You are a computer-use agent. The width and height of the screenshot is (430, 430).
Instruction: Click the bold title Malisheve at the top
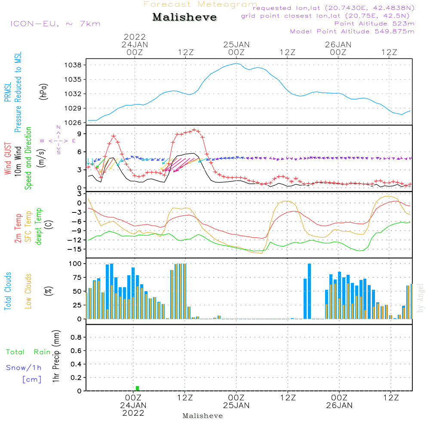[184, 17]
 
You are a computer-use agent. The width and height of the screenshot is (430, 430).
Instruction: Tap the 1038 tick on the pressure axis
[73, 65]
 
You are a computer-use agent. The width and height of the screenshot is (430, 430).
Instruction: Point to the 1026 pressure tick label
[73, 123]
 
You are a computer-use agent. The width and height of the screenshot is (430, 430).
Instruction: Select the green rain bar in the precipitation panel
[138, 388]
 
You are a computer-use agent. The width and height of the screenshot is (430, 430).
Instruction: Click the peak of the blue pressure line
[236, 63]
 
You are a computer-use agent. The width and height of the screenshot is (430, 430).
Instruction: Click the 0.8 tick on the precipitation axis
[76, 337]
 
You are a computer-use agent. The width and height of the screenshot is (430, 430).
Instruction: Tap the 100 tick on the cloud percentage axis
[75, 264]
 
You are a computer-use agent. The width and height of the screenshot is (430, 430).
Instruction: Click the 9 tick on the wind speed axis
[80, 134]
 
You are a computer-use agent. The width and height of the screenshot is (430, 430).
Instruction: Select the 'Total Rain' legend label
[28, 352]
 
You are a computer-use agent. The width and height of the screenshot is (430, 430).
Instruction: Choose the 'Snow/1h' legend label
[24, 368]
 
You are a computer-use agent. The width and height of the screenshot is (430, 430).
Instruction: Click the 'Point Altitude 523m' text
[374, 24]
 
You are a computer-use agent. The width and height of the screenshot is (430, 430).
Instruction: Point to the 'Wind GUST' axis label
[8, 158]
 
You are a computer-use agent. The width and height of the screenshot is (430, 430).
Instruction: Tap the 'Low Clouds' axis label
[28, 291]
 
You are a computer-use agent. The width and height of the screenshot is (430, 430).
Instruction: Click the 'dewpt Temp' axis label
[38, 226]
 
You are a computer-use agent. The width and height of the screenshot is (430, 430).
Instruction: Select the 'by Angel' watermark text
[421, 298]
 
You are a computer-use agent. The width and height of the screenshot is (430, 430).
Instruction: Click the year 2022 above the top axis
[134, 37]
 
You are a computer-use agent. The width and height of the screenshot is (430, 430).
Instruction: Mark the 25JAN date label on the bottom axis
[236, 405]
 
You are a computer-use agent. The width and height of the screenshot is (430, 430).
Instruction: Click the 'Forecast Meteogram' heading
[200, 4]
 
